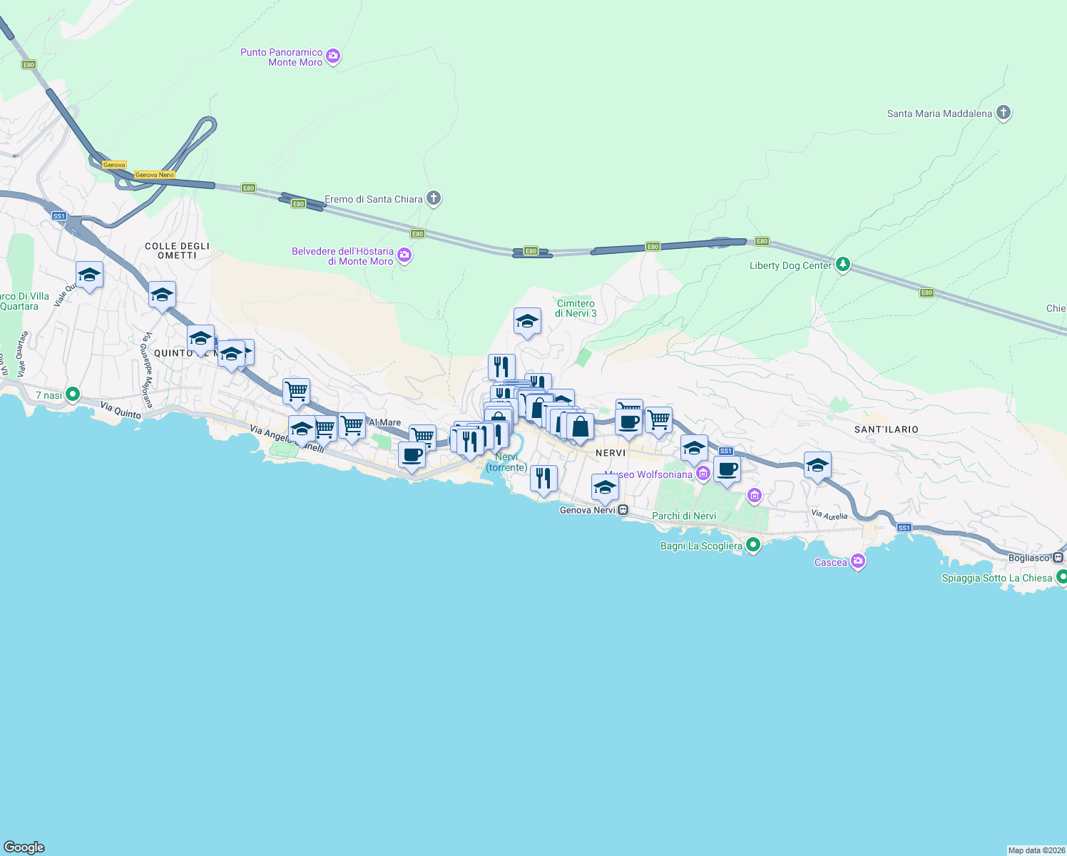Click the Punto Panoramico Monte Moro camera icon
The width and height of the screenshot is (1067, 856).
click(x=333, y=56)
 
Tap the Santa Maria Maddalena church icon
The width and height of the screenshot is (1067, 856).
click(x=1003, y=113)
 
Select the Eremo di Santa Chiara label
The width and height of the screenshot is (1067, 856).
click(x=373, y=199)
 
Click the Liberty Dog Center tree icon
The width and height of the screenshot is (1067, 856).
click(x=843, y=265)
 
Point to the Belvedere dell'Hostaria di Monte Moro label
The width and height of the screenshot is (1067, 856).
click(x=342, y=256)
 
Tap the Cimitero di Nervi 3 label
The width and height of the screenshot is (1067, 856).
click(x=576, y=308)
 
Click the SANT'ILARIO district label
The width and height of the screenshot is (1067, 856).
click(x=886, y=429)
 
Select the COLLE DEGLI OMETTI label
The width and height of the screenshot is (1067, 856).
click(x=177, y=250)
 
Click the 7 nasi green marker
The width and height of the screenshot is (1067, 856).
click(x=72, y=394)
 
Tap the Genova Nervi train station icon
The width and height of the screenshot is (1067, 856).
click(x=623, y=510)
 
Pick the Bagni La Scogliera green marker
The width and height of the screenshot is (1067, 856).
click(x=753, y=545)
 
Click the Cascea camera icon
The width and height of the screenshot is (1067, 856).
click(x=858, y=561)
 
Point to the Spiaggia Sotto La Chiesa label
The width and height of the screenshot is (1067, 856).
click(x=996, y=578)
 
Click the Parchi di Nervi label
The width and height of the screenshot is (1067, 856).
click(x=683, y=516)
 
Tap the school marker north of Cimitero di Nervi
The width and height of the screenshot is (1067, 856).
click(x=527, y=322)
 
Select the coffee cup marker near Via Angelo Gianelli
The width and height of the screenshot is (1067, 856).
click(x=412, y=455)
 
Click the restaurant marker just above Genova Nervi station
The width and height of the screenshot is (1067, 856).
click(x=543, y=479)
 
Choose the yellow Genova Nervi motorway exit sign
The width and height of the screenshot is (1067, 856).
click(x=154, y=175)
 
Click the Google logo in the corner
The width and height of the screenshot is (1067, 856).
click(x=24, y=847)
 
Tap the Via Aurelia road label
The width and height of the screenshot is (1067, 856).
click(x=829, y=514)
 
